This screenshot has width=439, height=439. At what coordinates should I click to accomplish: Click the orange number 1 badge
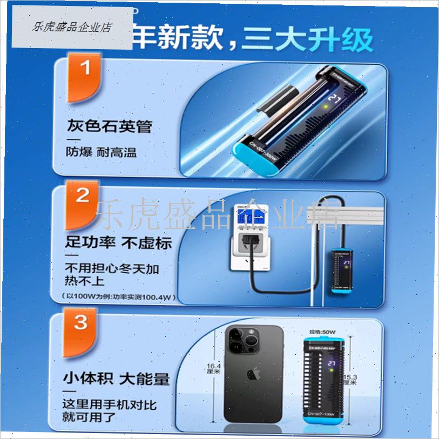(x=84, y=70)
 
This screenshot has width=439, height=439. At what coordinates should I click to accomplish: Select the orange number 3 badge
(x=81, y=323)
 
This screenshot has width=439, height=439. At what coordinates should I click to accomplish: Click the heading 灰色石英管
(x=109, y=127)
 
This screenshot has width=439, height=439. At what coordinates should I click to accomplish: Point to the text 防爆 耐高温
(x=101, y=152)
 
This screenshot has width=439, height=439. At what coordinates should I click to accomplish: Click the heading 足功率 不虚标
(x=118, y=242)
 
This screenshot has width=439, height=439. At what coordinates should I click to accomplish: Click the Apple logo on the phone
(x=252, y=374)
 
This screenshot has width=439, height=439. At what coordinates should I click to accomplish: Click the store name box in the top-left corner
(x=72, y=27)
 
